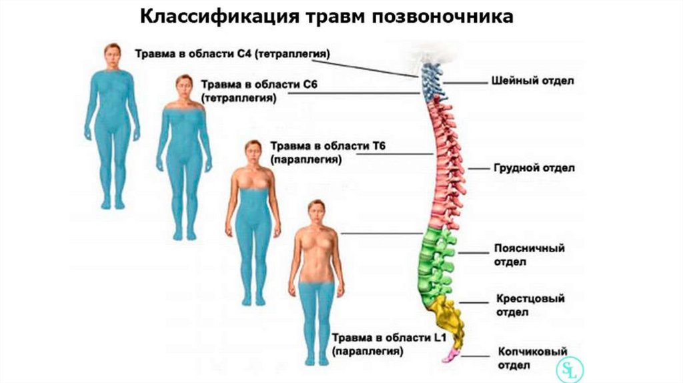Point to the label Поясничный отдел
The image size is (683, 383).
(529, 255)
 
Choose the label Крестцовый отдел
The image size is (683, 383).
(530, 305)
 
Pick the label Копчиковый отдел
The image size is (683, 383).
(532, 358)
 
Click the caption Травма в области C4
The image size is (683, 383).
(233, 53)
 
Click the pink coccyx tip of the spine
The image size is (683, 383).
(449, 354)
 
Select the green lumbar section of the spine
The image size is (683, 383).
(436, 260)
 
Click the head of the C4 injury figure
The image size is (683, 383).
(112, 55)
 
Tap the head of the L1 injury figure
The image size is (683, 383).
(316, 211)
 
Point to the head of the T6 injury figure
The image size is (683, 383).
(253, 151)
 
